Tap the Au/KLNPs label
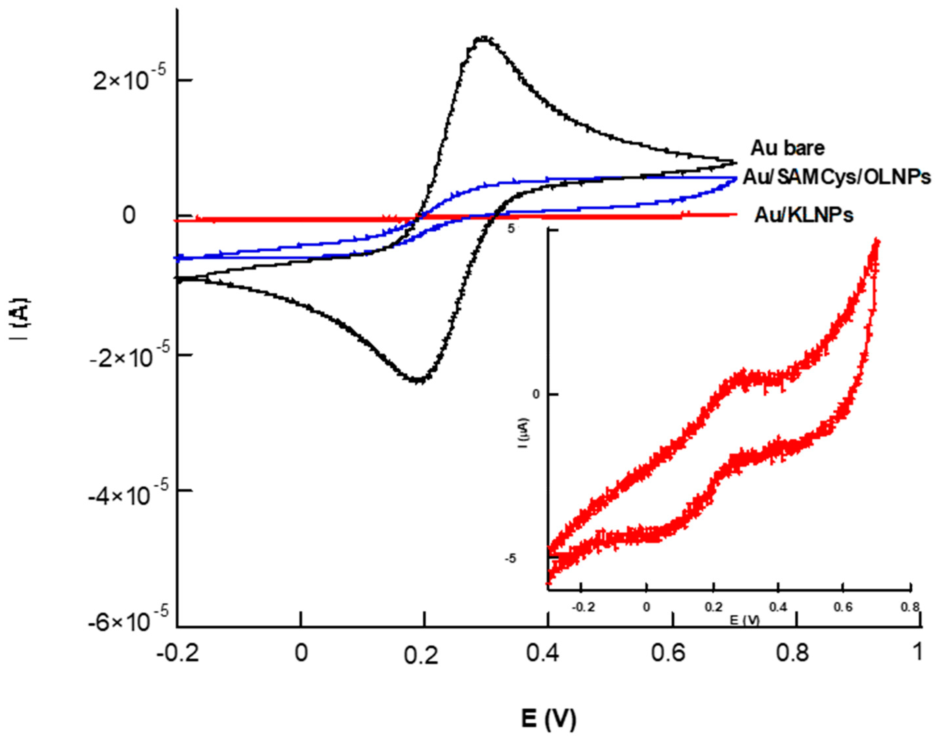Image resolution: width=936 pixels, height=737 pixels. pyautogui.click(x=804, y=215)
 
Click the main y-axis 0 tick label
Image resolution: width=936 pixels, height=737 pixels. pyautogui.click(x=129, y=215)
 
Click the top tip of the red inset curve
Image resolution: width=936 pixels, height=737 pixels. pyautogui.click(x=877, y=240)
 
